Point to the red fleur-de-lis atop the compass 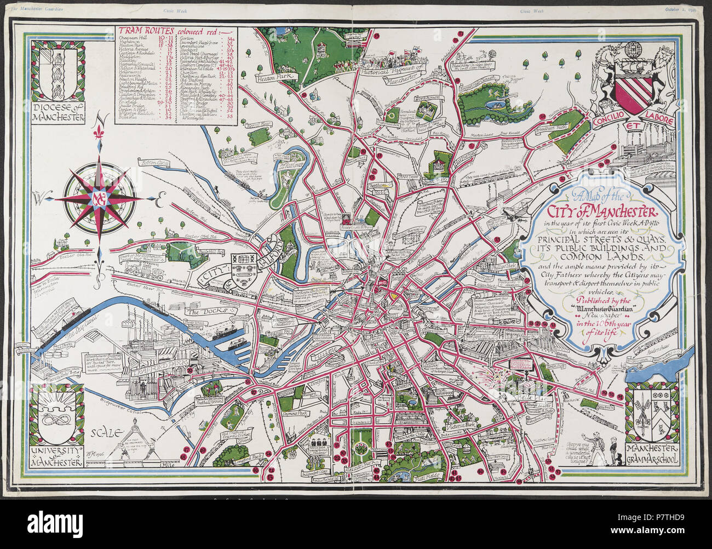pyautogui.click(x=99, y=133)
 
